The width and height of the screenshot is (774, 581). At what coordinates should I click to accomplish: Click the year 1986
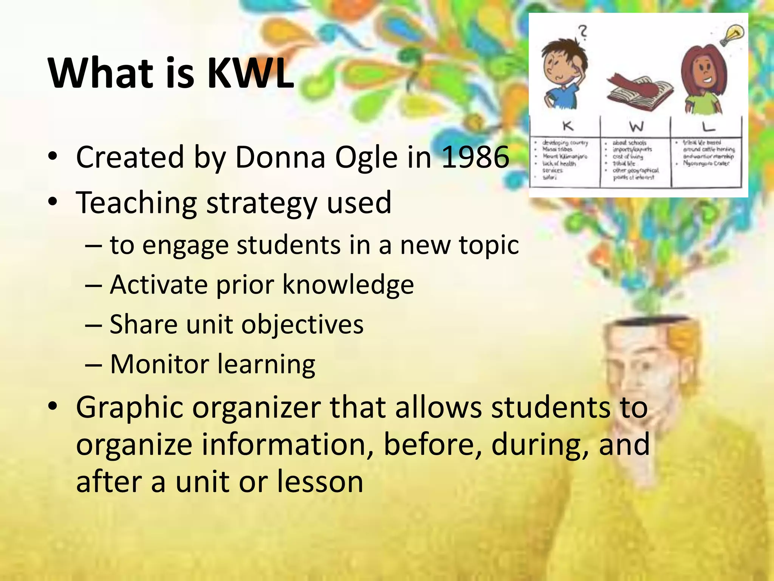pos(475,157)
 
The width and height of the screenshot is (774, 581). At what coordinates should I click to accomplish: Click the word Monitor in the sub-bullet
pos(159,364)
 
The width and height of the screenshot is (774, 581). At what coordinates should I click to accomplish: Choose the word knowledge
pos(348,285)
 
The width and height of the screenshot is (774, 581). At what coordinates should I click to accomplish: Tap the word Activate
pos(159,285)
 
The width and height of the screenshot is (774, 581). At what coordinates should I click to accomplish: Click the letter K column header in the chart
pos(568,126)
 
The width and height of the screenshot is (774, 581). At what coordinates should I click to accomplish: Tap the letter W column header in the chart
pos(636,126)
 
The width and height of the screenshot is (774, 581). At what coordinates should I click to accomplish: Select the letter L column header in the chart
pos(708,126)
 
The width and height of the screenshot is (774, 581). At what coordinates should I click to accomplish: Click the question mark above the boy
pos(584,32)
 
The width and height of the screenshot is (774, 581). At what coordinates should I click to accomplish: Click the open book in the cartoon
pos(640,93)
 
